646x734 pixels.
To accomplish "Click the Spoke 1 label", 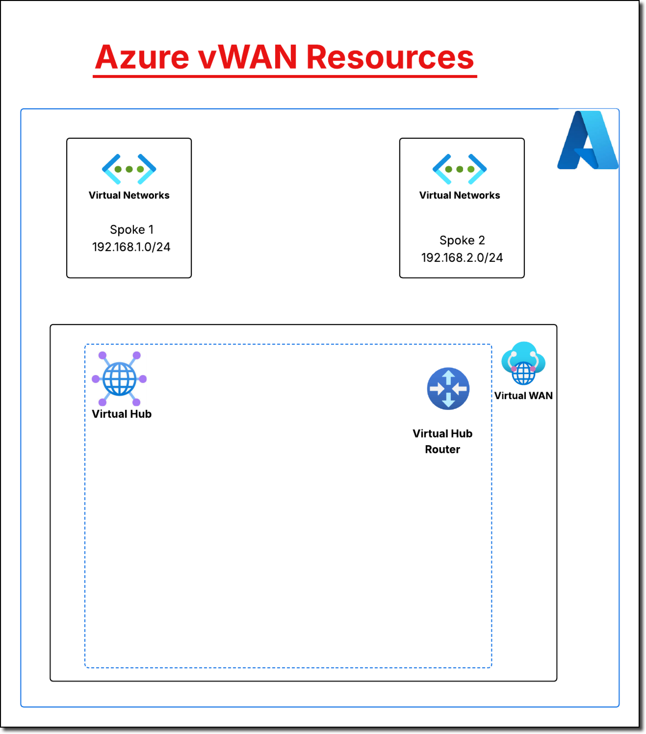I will pos(131,229).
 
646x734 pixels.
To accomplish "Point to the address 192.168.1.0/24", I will pos(131,247).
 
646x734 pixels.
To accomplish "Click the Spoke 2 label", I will pos(462,240).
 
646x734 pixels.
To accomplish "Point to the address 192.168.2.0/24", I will pos(462,258).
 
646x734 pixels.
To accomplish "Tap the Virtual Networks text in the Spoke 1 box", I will pos(129,195).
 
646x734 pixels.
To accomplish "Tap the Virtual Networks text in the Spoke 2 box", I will pos(460,195).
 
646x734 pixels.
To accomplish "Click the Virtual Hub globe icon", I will pos(119,379).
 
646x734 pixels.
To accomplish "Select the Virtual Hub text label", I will pos(121,414).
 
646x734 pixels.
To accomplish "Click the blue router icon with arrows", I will pos(448,389).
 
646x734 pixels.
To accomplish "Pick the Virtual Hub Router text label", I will pos(442,441).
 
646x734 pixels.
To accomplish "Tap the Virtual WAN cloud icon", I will pos(523,363).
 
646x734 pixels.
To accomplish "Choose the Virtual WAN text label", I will pos(523,396).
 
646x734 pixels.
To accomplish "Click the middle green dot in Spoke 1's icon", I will pos(129,169).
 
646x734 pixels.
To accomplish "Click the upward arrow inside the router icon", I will pos(448,377).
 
